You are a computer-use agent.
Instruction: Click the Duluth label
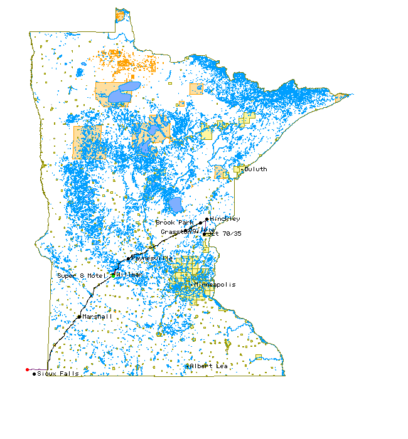click(x=255, y=169)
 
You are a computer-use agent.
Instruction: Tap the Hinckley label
click(x=225, y=219)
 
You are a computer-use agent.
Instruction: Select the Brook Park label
click(x=175, y=223)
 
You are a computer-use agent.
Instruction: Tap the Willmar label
click(x=129, y=275)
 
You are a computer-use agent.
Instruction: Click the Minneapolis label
click(x=215, y=285)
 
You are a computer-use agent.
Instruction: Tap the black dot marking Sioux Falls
click(x=34, y=374)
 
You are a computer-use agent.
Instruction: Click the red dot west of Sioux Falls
click(x=27, y=369)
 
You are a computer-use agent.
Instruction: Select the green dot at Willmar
click(x=113, y=275)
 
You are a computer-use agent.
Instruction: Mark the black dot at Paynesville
click(x=129, y=258)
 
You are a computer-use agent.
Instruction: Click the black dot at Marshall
click(x=78, y=317)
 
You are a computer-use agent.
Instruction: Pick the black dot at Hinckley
click(x=207, y=219)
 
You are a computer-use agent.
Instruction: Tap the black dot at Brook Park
click(x=201, y=223)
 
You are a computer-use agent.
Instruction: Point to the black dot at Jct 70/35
click(x=204, y=235)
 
